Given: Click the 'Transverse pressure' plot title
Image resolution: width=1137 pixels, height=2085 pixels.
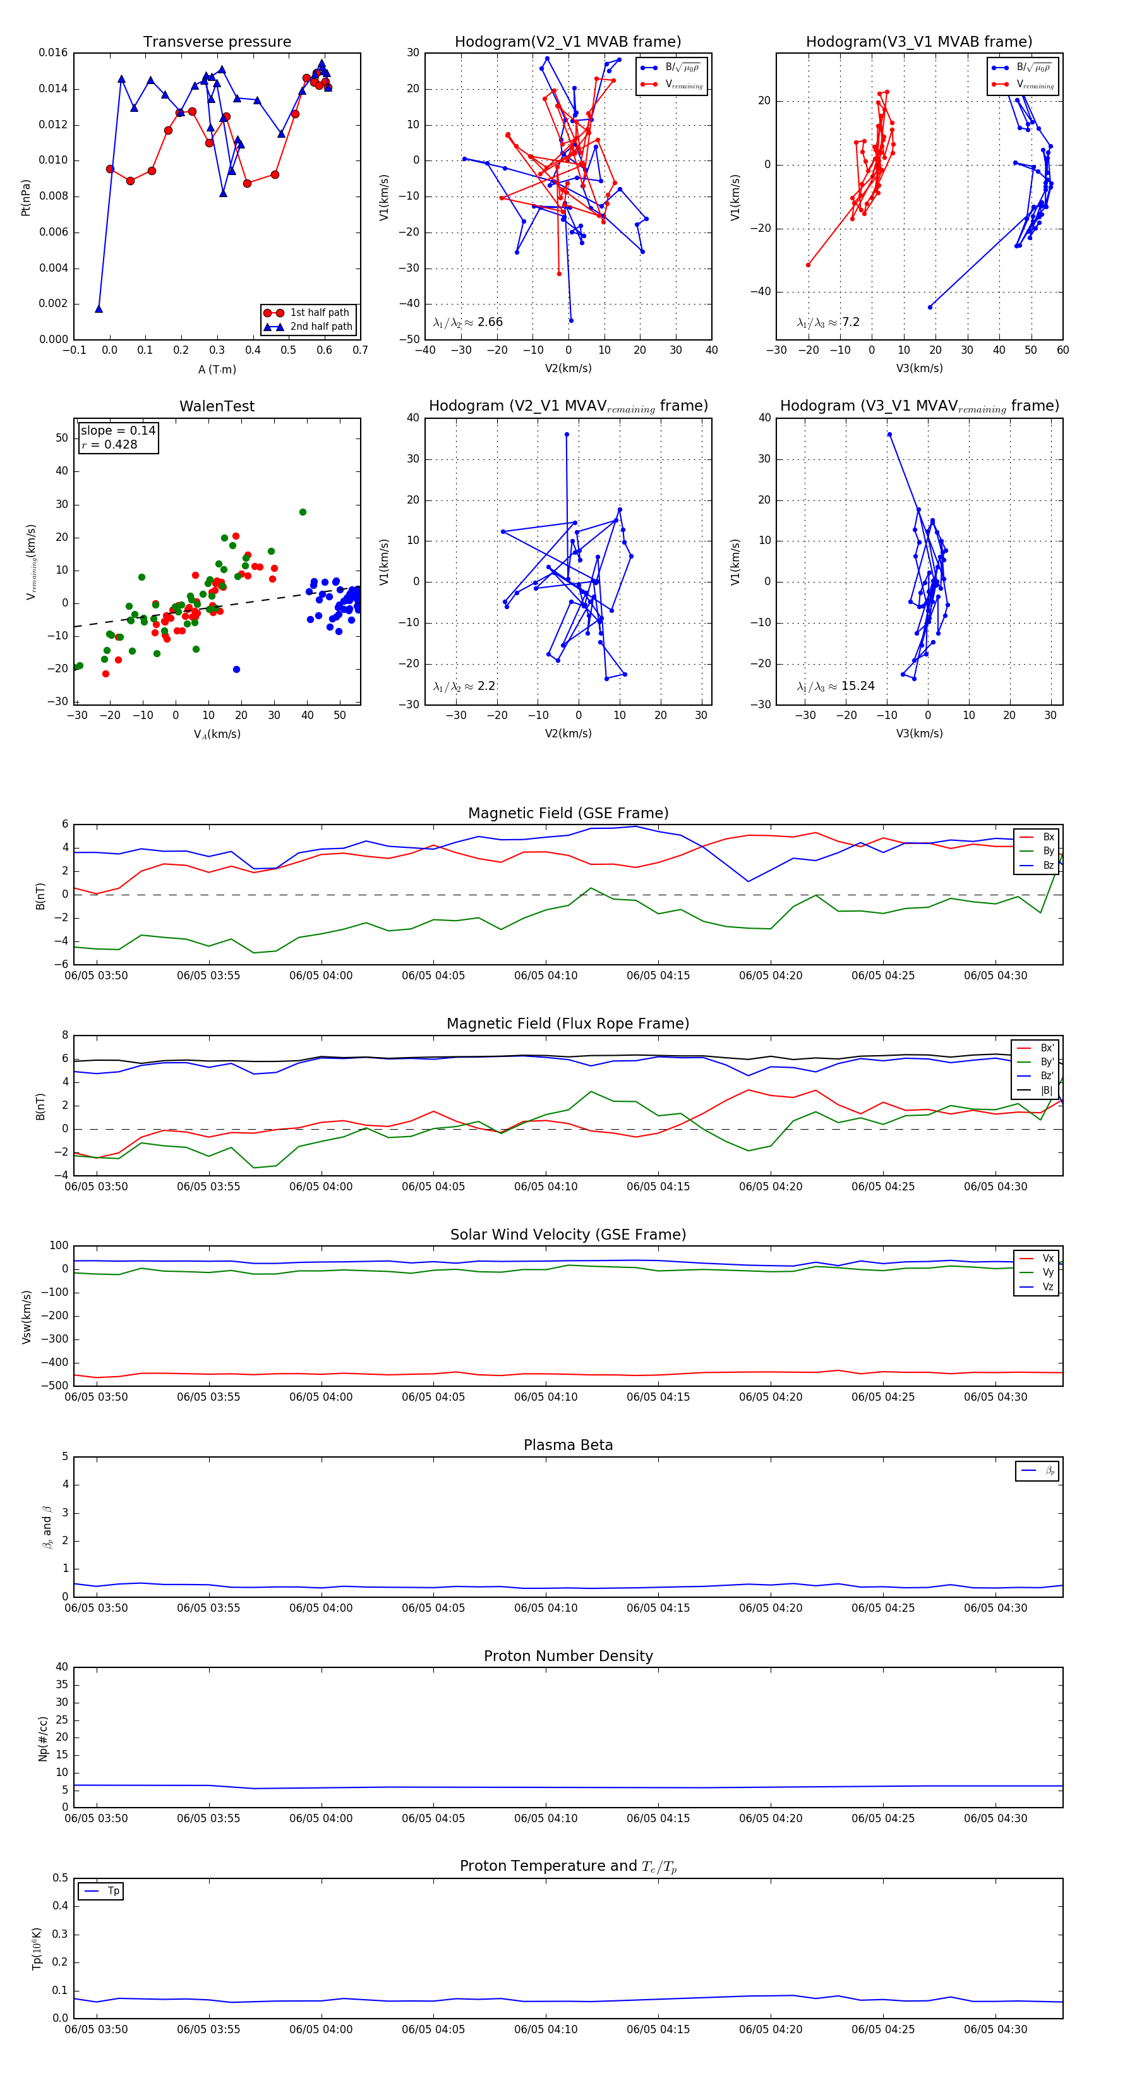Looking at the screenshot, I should point(217,42).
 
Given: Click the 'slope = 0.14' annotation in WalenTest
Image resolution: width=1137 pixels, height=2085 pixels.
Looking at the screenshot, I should point(117,431).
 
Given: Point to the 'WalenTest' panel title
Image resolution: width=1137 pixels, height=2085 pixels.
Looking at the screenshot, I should point(217,406).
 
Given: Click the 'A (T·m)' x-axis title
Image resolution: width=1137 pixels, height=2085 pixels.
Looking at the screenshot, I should point(217,370).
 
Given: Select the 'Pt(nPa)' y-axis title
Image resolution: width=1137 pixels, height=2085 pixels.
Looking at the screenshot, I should point(26,196).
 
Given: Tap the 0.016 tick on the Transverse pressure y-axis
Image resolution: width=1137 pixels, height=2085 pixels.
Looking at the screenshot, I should point(54,52).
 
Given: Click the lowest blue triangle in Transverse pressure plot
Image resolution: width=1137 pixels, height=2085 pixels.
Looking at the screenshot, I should point(99,308).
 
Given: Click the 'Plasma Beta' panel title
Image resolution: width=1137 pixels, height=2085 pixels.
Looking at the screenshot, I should point(568,1446).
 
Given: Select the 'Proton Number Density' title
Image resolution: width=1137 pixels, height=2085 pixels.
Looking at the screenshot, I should point(568,1656).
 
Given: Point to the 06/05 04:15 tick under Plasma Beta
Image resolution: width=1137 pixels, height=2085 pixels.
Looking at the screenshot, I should point(658,1608).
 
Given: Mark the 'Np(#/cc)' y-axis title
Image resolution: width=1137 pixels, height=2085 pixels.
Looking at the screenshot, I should point(43,1737).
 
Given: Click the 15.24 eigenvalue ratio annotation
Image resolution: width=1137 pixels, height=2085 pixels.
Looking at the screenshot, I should point(858,686).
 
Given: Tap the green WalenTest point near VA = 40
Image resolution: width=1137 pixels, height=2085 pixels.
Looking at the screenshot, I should point(303,512).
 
